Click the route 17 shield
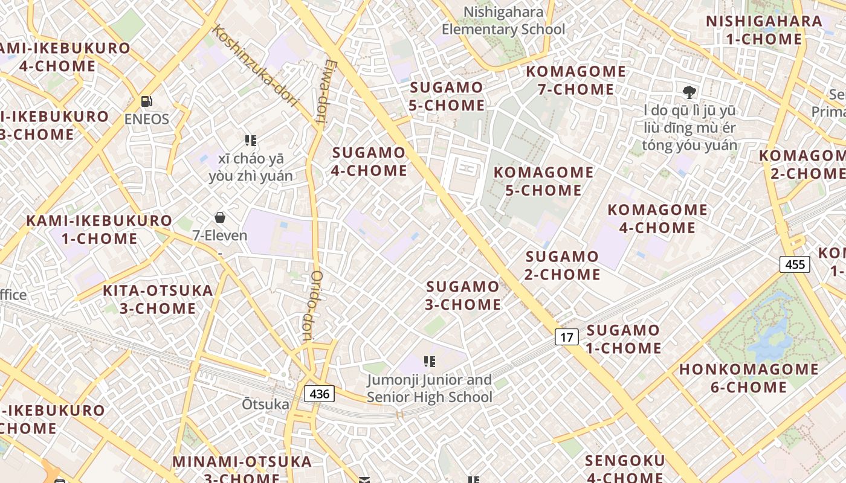[566, 337]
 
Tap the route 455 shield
[794, 264]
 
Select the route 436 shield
[318, 394]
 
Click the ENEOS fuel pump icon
[146, 101]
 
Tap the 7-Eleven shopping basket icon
[220, 217]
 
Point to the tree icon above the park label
[689, 92]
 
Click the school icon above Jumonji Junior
[430, 362]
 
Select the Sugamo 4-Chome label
[369, 161]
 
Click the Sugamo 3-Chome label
[463, 295]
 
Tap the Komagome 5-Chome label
[543, 181]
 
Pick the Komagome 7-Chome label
[575, 80]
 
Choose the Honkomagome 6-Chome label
[749, 378]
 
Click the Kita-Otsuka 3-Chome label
[158, 299]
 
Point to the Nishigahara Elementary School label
[503, 21]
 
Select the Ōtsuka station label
[265, 404]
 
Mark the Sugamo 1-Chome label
[623, 339]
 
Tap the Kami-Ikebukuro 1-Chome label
[99, 229]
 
